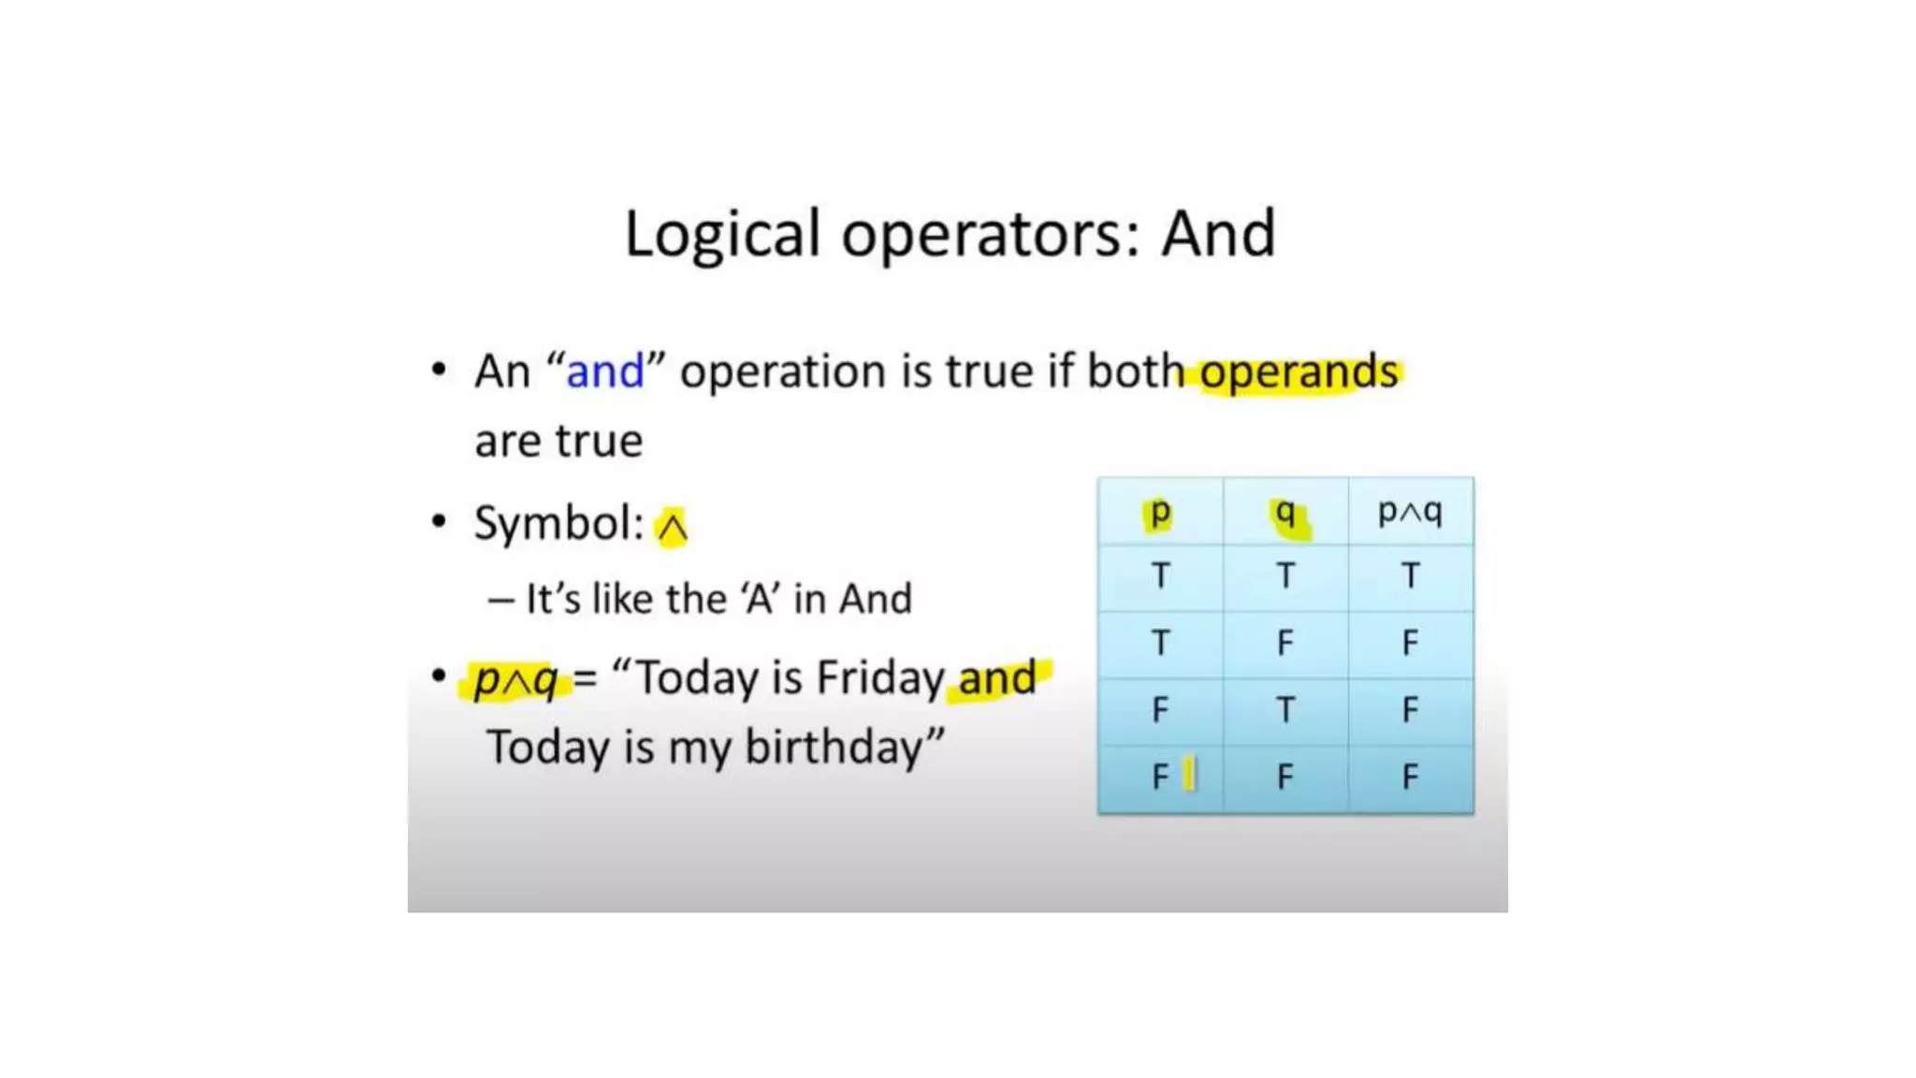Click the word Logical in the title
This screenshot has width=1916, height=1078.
(x=722, y=234)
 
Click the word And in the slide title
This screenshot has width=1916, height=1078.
(x=1218, y=234)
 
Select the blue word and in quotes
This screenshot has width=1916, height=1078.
(x=605, y=371)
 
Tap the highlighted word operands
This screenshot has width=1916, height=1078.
(x=1299, y=371)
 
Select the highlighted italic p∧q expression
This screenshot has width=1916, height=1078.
(x=515, y=678)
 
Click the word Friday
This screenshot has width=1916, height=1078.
(x=879, y=677)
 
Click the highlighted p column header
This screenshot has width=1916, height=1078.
(x=1160, y=512)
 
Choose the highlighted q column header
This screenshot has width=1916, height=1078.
(x=1286, y=513)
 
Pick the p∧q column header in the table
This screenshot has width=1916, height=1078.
(x=1410, y=512)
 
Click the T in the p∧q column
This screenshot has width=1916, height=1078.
(x=1410, y=575)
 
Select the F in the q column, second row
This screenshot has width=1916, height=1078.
(x=1285, y=643)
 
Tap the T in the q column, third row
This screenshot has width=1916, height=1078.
(x=1285, y=710)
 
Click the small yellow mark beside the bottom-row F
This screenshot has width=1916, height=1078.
(x=1189, y=775)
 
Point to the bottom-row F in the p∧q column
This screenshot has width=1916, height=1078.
(x=1410, y=777)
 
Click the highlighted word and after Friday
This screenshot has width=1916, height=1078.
(x=997, y=677)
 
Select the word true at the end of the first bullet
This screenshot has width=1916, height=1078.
(x=600, y=441)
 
